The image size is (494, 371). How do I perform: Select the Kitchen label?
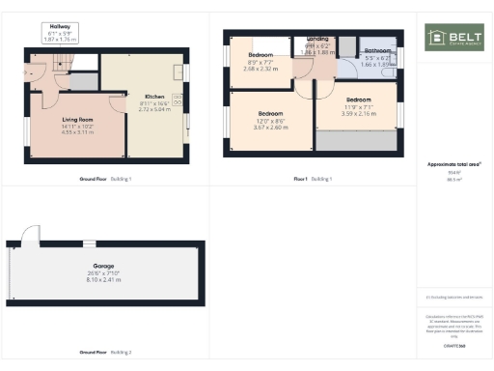(154, 97)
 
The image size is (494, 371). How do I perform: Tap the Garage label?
(103, 265)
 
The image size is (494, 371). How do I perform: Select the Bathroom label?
(377, 50)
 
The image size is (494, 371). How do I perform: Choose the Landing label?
(316, 40)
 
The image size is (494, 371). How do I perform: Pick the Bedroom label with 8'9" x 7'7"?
(260, 56)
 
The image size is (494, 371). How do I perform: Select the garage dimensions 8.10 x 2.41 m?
(103, 279)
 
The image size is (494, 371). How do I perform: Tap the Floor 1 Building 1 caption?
(312, 179)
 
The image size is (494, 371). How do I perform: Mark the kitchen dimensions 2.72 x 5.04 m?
(154, 109)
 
